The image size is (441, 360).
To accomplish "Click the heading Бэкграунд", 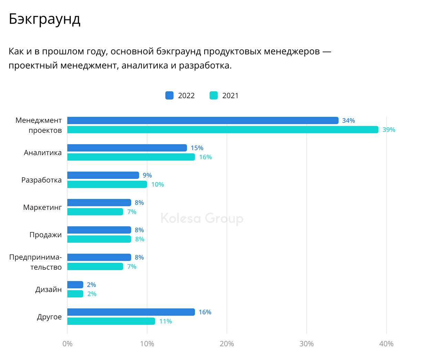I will coord(44,19).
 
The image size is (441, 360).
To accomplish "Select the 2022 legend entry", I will coord(180,96).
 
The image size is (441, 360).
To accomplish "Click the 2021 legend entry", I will coord(224,96).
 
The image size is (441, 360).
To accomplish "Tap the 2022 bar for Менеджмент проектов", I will coord(203,120).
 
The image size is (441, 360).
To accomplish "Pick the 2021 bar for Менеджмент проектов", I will coord(223,130).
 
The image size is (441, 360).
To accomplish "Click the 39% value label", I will coord(389,130).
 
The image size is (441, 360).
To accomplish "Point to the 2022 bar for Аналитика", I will coord(127,148).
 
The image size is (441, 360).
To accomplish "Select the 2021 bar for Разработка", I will coord(107,184).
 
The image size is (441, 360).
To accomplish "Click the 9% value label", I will coord(147,175).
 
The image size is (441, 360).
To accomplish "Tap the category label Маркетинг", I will coord(42,207).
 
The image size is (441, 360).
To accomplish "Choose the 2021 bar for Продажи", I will coord(99,239).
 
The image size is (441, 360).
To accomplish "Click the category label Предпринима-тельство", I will coord(35,262).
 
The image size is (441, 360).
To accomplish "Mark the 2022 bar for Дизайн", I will coord(75,285).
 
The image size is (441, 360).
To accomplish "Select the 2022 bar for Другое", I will coord(131,312).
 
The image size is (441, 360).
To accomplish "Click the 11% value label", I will coord(165,321).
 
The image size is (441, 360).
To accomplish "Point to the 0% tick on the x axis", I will coord(68,344).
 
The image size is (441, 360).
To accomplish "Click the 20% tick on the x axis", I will coord(227,344).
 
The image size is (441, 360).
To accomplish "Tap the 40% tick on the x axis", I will coord(386,344).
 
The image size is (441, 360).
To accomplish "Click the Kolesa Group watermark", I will coord(202,219).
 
